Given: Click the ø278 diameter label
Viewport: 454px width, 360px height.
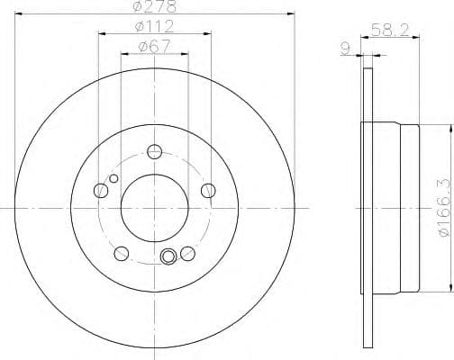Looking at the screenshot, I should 152,7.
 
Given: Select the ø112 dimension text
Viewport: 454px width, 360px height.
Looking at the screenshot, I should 153,26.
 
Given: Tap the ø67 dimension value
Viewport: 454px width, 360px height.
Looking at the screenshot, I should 153,47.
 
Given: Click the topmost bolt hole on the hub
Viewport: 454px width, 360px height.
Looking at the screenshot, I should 154,151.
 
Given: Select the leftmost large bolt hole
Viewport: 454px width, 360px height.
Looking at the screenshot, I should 101,189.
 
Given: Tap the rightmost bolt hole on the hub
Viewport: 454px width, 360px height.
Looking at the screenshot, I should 208,189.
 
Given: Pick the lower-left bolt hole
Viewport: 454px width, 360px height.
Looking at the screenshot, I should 121,252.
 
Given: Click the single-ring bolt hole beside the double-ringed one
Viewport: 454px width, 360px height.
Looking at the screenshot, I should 186,252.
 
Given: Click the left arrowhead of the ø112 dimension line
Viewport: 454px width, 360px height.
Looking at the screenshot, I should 100,33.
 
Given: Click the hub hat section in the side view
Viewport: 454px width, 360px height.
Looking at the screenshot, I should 397,209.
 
